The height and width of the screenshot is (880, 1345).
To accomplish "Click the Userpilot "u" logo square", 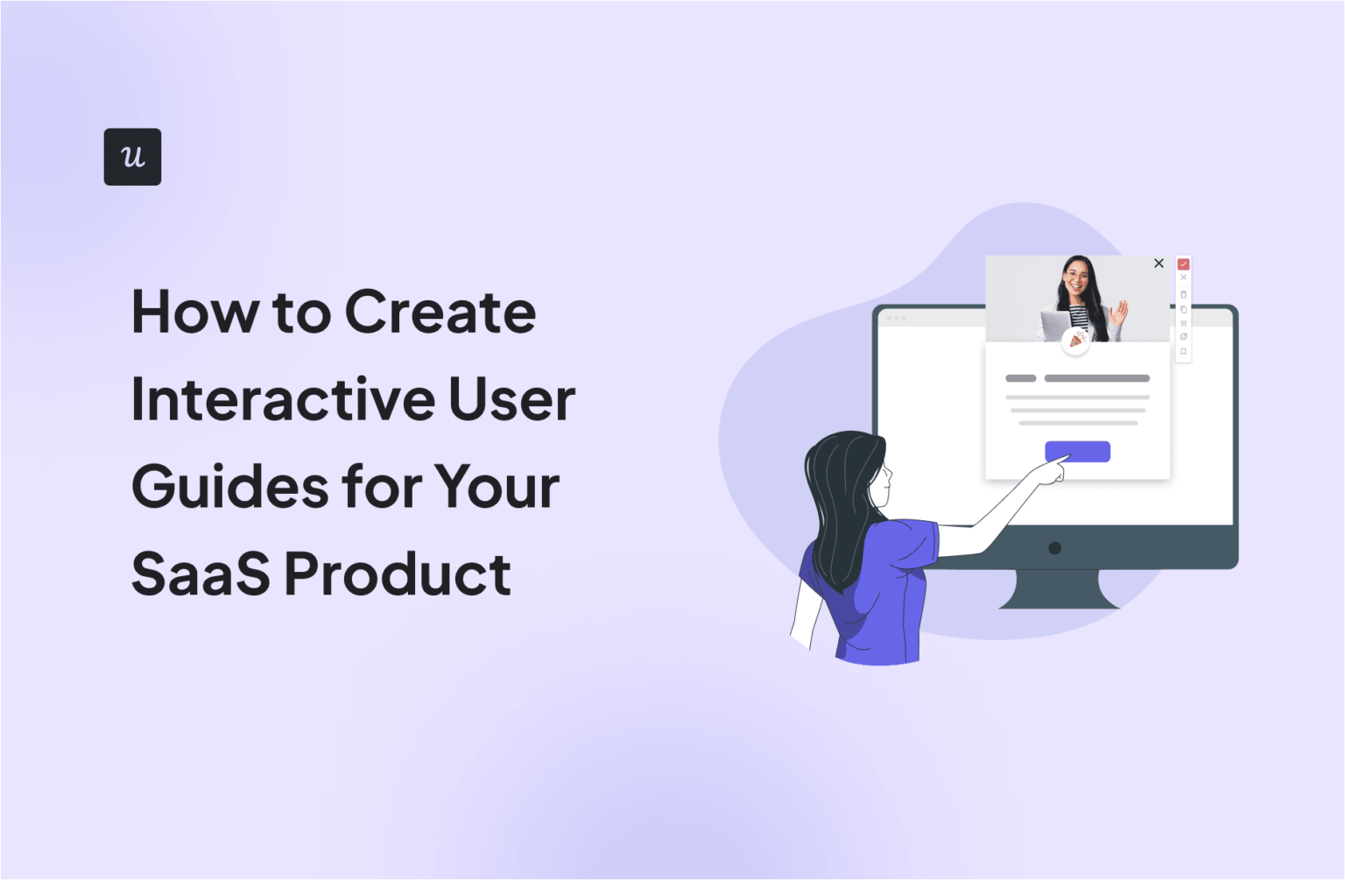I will (x=132, y=157).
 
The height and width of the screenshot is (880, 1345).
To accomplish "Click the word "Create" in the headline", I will (x=440, y=313).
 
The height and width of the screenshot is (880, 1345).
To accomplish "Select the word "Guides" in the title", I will (x=227, y=488).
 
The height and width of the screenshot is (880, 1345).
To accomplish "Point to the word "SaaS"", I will (x=201, y=574).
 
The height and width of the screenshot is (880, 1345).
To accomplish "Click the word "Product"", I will (x=398, y=574).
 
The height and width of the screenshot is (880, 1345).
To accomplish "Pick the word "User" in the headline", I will (x=511, y=400).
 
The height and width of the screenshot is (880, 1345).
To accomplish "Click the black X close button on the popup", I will (x=1158, y=264).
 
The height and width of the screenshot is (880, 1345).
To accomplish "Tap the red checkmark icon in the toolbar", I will (x=1183, y=264).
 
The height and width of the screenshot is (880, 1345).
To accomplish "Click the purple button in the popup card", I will (x=1077, y=451).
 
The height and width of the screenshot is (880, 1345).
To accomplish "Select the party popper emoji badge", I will (x=1076, y=340).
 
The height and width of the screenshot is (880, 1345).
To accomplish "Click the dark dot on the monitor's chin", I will (x=1055, y=548).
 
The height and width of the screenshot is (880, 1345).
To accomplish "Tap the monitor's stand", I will (x=1058, y=591).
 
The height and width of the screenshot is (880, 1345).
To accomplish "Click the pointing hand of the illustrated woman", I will (x=1051, y=471).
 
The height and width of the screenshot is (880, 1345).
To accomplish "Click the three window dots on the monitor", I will (x=896, y=318).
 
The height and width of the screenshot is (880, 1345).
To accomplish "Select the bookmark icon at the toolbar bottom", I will (x=1183, y=352).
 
